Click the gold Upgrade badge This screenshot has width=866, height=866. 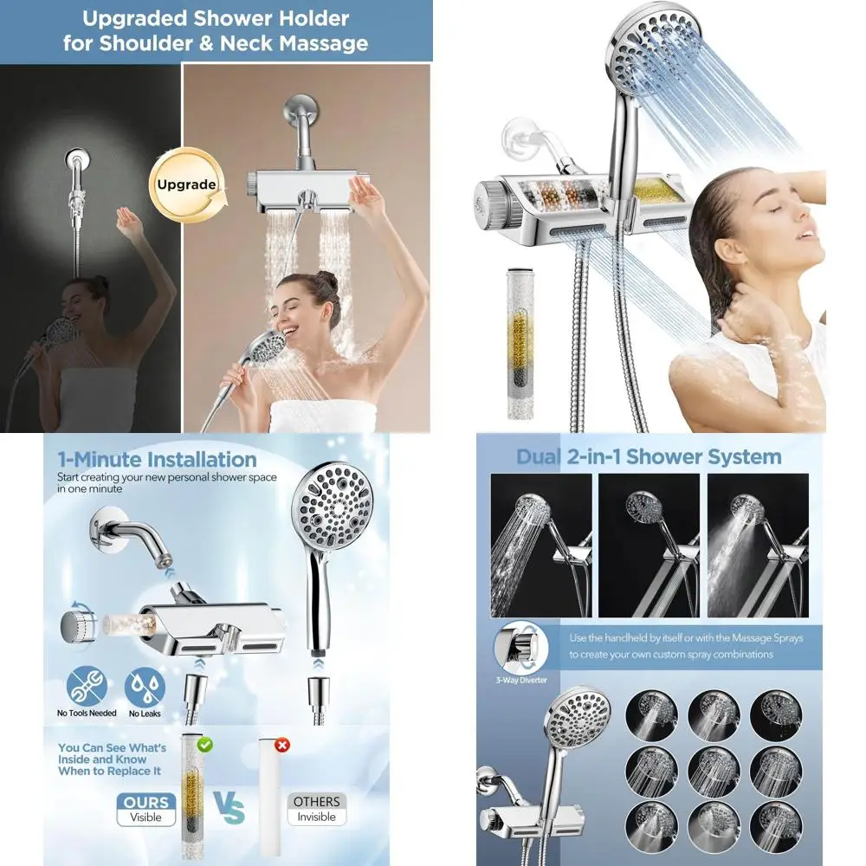(x=186, y=184)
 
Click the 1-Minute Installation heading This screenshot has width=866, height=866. (x=157, y=460)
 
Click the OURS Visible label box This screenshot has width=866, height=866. (x=146, y=808)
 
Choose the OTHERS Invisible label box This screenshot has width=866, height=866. (x=316, y=808)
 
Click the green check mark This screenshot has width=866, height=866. (x=205, y=743)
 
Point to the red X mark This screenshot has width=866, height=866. (x=281, y=743)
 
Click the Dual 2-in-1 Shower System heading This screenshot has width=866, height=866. (x=649, y=456)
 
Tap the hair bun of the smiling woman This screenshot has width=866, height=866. (x=326, y=283)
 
